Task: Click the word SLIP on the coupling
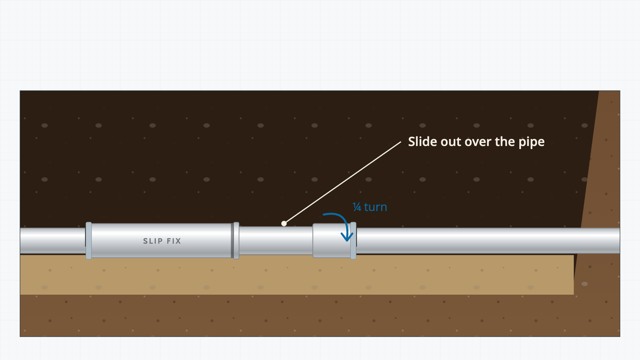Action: tap(153, 241)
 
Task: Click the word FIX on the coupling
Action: tap(174, 241)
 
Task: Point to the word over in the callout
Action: tap(478, 143)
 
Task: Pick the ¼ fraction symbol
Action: tap(357, 207)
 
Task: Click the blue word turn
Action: tap(375, 207)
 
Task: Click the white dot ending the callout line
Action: tap(284, 223)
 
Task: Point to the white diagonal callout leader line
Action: tap(342, 183)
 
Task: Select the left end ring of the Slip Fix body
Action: tap(89, 240)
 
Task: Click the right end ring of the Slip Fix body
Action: tap(236, 240)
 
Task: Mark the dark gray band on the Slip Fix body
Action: tap(232, 240)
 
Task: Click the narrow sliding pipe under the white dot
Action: tap(276, 241)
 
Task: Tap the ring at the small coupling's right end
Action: tap(353, 240)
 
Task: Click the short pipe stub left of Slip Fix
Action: tap(53, 241)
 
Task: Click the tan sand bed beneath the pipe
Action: tap(297, 275)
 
